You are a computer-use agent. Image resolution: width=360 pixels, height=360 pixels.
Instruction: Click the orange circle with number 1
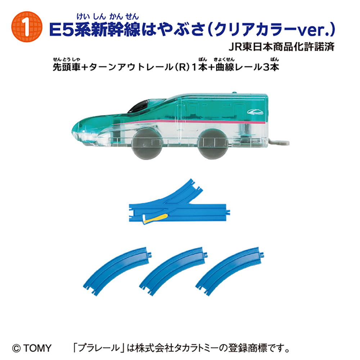(27, 27)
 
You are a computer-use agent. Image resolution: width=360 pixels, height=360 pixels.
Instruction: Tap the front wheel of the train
(147, 144)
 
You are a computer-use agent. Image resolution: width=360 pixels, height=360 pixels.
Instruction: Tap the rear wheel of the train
(213, 144)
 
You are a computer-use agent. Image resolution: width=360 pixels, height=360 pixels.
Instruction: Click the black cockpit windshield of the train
(139, 107)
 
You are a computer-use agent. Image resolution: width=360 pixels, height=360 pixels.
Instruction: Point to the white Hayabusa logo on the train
(255, 112)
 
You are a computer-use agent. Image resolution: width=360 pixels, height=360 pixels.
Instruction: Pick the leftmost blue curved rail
(117, 271)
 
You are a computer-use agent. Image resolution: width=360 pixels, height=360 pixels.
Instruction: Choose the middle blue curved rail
(174, 271)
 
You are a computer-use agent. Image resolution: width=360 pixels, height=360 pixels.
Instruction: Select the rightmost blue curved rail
(230, 271)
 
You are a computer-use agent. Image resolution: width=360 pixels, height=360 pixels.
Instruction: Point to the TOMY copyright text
(32, 348)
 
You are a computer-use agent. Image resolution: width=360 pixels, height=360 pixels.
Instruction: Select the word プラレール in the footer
(99, 348)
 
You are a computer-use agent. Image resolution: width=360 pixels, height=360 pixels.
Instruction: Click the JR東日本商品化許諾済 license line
(282, 47)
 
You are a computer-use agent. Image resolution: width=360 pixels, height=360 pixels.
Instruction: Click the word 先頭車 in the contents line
(67, 67)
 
